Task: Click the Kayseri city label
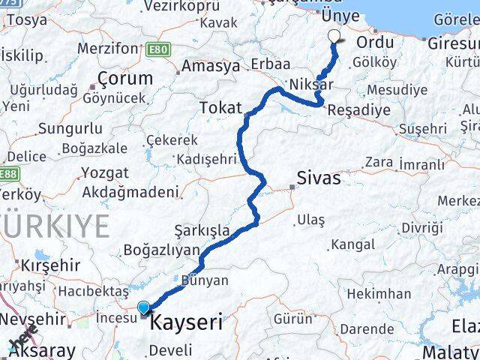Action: click(x=187, y=323)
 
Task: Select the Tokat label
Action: click(x=220, y=109)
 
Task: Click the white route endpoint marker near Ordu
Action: click(x=334, y=34)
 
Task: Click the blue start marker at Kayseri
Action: click(x=144, y=307)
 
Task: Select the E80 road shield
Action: click(x=159, y=49)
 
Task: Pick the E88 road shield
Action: click(x=9, y=175)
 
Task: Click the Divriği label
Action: click(x=420, y=227)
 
